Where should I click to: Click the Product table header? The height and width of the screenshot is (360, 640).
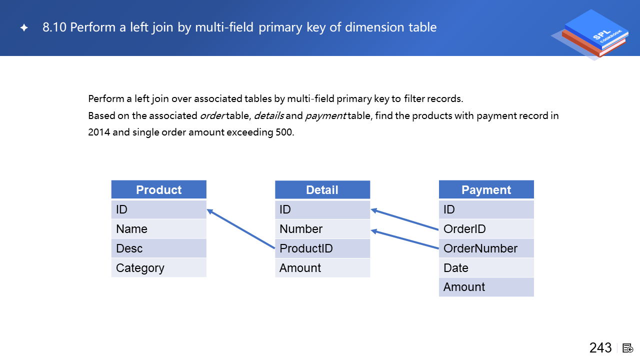[x=159, y=189]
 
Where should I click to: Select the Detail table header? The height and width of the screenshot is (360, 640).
[x=322, y=189]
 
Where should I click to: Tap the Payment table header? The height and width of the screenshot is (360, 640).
[x=486, y=189]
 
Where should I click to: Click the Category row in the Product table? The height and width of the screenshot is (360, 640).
[x=159, y=267]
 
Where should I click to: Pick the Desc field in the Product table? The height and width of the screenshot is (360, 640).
[x=159, y=248]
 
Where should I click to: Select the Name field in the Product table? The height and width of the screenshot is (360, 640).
[x=159, y=229]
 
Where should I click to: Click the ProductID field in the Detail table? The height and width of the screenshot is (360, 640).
[x=322, y=248]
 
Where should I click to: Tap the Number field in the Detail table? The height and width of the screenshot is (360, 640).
[x=322, y=229]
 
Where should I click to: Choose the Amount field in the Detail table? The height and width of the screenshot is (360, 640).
[x=322, y=267]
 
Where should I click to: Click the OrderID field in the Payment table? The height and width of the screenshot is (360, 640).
[x=486, y=229]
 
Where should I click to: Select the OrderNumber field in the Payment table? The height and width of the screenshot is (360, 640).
[x=486, y=248]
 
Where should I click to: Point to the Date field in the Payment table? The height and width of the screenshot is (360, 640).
[x=486, y=267]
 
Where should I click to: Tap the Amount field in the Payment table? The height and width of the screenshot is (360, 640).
[x=486, y=287]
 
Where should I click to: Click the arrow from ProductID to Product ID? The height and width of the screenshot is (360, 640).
[x=240, y=229]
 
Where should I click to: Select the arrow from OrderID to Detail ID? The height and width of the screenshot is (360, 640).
[x=404, y=219]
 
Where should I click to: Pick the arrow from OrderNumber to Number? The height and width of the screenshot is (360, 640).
[x=404, y=239]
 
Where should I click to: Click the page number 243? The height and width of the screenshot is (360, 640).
[x=600, y=347]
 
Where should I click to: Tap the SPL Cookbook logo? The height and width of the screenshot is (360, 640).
[x=591, y=34]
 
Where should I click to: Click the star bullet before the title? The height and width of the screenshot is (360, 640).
[x=24, y=27]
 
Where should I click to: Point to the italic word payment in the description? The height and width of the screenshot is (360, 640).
[x=325, y=116]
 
